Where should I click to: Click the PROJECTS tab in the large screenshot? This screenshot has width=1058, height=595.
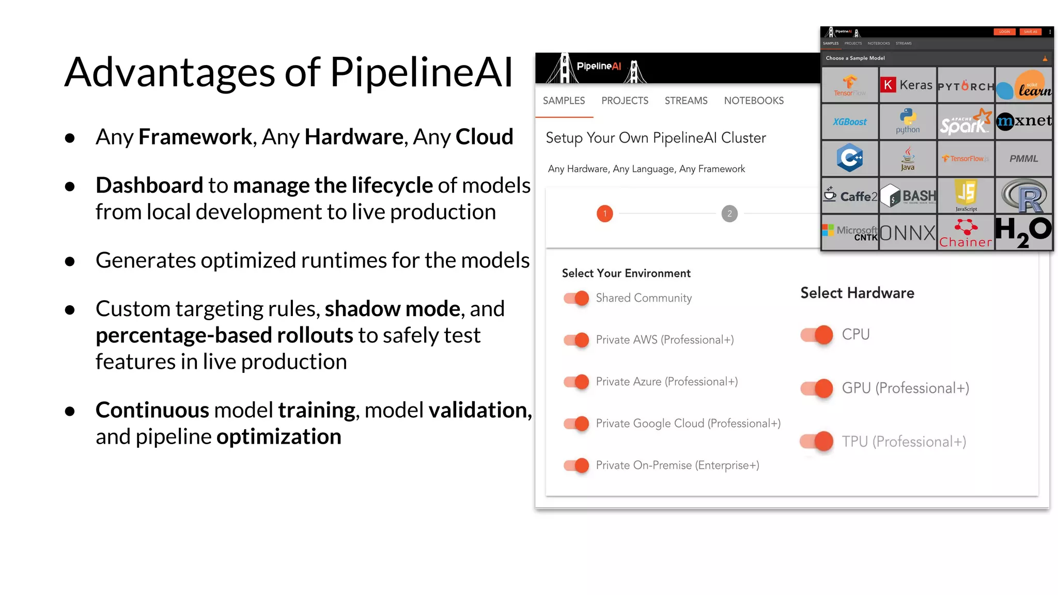click(625, 101)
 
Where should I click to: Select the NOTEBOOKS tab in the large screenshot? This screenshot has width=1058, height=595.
click(754, 101)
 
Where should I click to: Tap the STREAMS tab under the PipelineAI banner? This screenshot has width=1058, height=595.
click(686, 101)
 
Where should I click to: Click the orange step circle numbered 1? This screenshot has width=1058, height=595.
click(605, 213)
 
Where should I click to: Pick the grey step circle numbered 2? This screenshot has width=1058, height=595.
click(729, 213)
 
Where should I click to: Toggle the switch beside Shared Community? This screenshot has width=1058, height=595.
click(577, 298)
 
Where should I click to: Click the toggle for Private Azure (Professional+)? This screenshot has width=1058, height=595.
click(577, 382)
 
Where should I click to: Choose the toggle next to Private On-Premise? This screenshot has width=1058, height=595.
click(577, 465)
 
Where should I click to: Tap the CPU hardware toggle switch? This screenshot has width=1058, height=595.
click(817, 335)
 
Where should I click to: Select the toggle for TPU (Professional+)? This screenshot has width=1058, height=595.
click(817, 442)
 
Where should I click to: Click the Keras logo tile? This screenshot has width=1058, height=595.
click(907, 85)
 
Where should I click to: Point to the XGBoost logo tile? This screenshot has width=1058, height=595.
click(850, 122)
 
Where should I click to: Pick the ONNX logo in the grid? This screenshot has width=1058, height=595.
click(908, 233)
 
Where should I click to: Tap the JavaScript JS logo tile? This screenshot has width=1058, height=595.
click(966, 195)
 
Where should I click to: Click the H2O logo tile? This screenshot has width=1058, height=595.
click(1023, 232)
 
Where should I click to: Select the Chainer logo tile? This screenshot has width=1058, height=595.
click(966, 233)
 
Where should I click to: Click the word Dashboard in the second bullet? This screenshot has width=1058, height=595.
click(149, 185)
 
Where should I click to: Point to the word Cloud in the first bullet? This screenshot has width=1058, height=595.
click(484, 137)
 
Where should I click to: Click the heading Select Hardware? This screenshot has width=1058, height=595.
click(857, 293)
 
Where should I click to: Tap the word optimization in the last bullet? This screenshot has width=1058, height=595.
click(279, 437)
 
